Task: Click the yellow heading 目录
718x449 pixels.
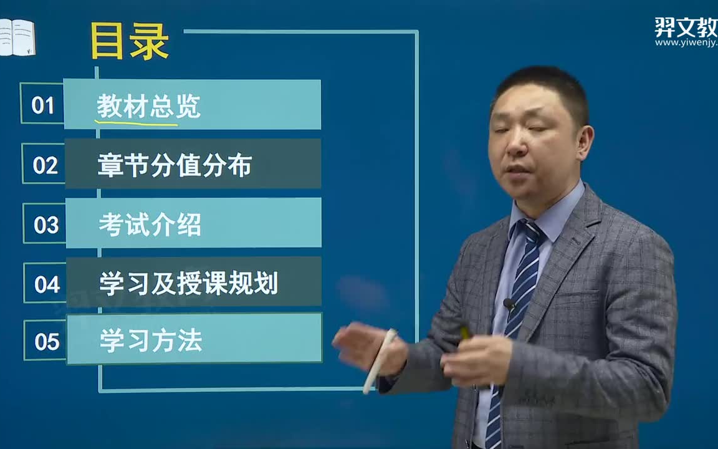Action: click(130, 42)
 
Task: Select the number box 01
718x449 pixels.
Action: click(42, 104)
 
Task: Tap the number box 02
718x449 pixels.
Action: click(44, 165)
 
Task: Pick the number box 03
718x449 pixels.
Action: click(45, 224)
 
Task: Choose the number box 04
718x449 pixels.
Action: click(47, 284)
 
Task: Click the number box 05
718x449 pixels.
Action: click(47, 341)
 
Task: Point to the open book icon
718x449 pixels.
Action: click(17, 37)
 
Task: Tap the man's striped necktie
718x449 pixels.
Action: click(520, 293)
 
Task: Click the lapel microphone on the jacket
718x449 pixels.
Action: click(509, 304)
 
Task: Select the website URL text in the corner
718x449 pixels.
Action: click(686, 42)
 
